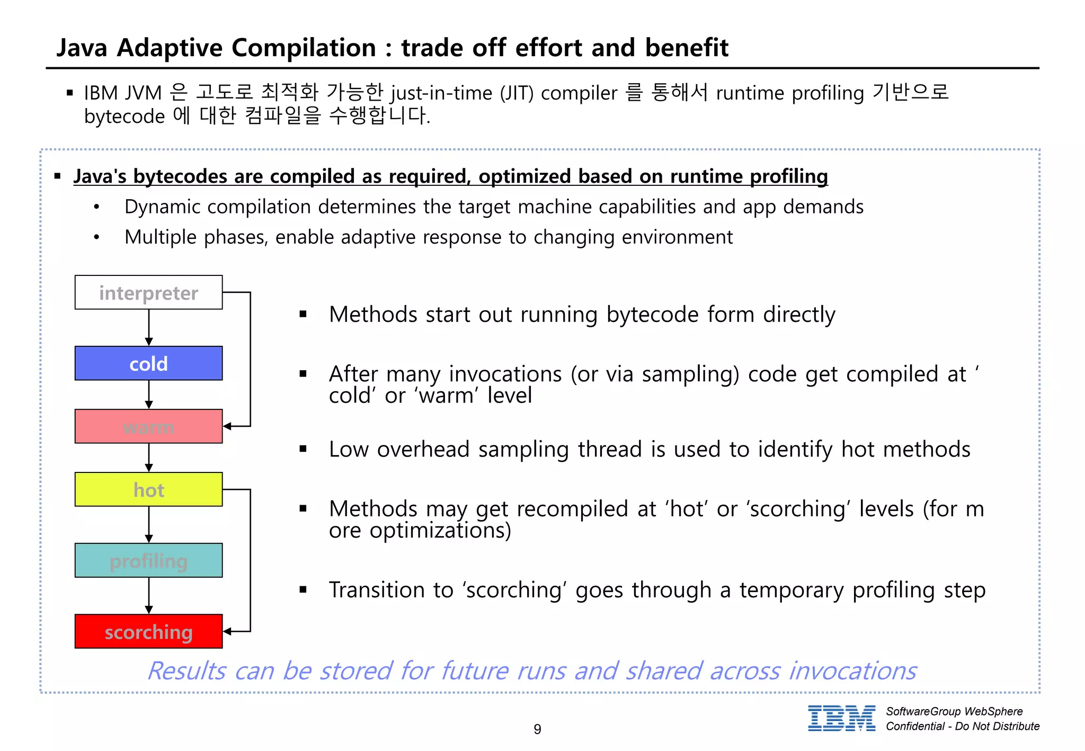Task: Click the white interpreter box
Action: pyautogui.click(x=148, y=292)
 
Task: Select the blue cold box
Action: pyautogui.click(x=148, y=363)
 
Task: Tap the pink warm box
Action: pyautogui.click(x=148, y=426)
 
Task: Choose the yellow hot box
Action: pyautogui.click(x=148, y=489)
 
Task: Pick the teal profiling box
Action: pyautogui.click(x=148, y=560)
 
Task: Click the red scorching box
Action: pyautogui.click(x=148, y=631)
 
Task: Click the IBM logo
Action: pyautogui.click(x=841, y=719)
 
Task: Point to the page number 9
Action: pyautogui.click(x=537, y=729)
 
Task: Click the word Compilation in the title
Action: pyautogui.click(x=304, y=48)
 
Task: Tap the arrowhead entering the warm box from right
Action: pyautogui.click(x=227, y=426)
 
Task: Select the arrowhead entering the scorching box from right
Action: pyautogui.click(x=227, y=631)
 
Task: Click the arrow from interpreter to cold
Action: pyautogui.click(x=149, y=327)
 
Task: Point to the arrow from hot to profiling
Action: pyautogui.click(x=149, y=524)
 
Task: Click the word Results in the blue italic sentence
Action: pyautogui.click(x=186, y=671)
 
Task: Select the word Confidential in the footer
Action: pyautogui.click(x=915, y=726)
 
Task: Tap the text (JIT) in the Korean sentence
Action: pyautogui.click(x=517, y=93)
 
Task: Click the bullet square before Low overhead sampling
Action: pyautogui.click(x=303, y=449)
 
